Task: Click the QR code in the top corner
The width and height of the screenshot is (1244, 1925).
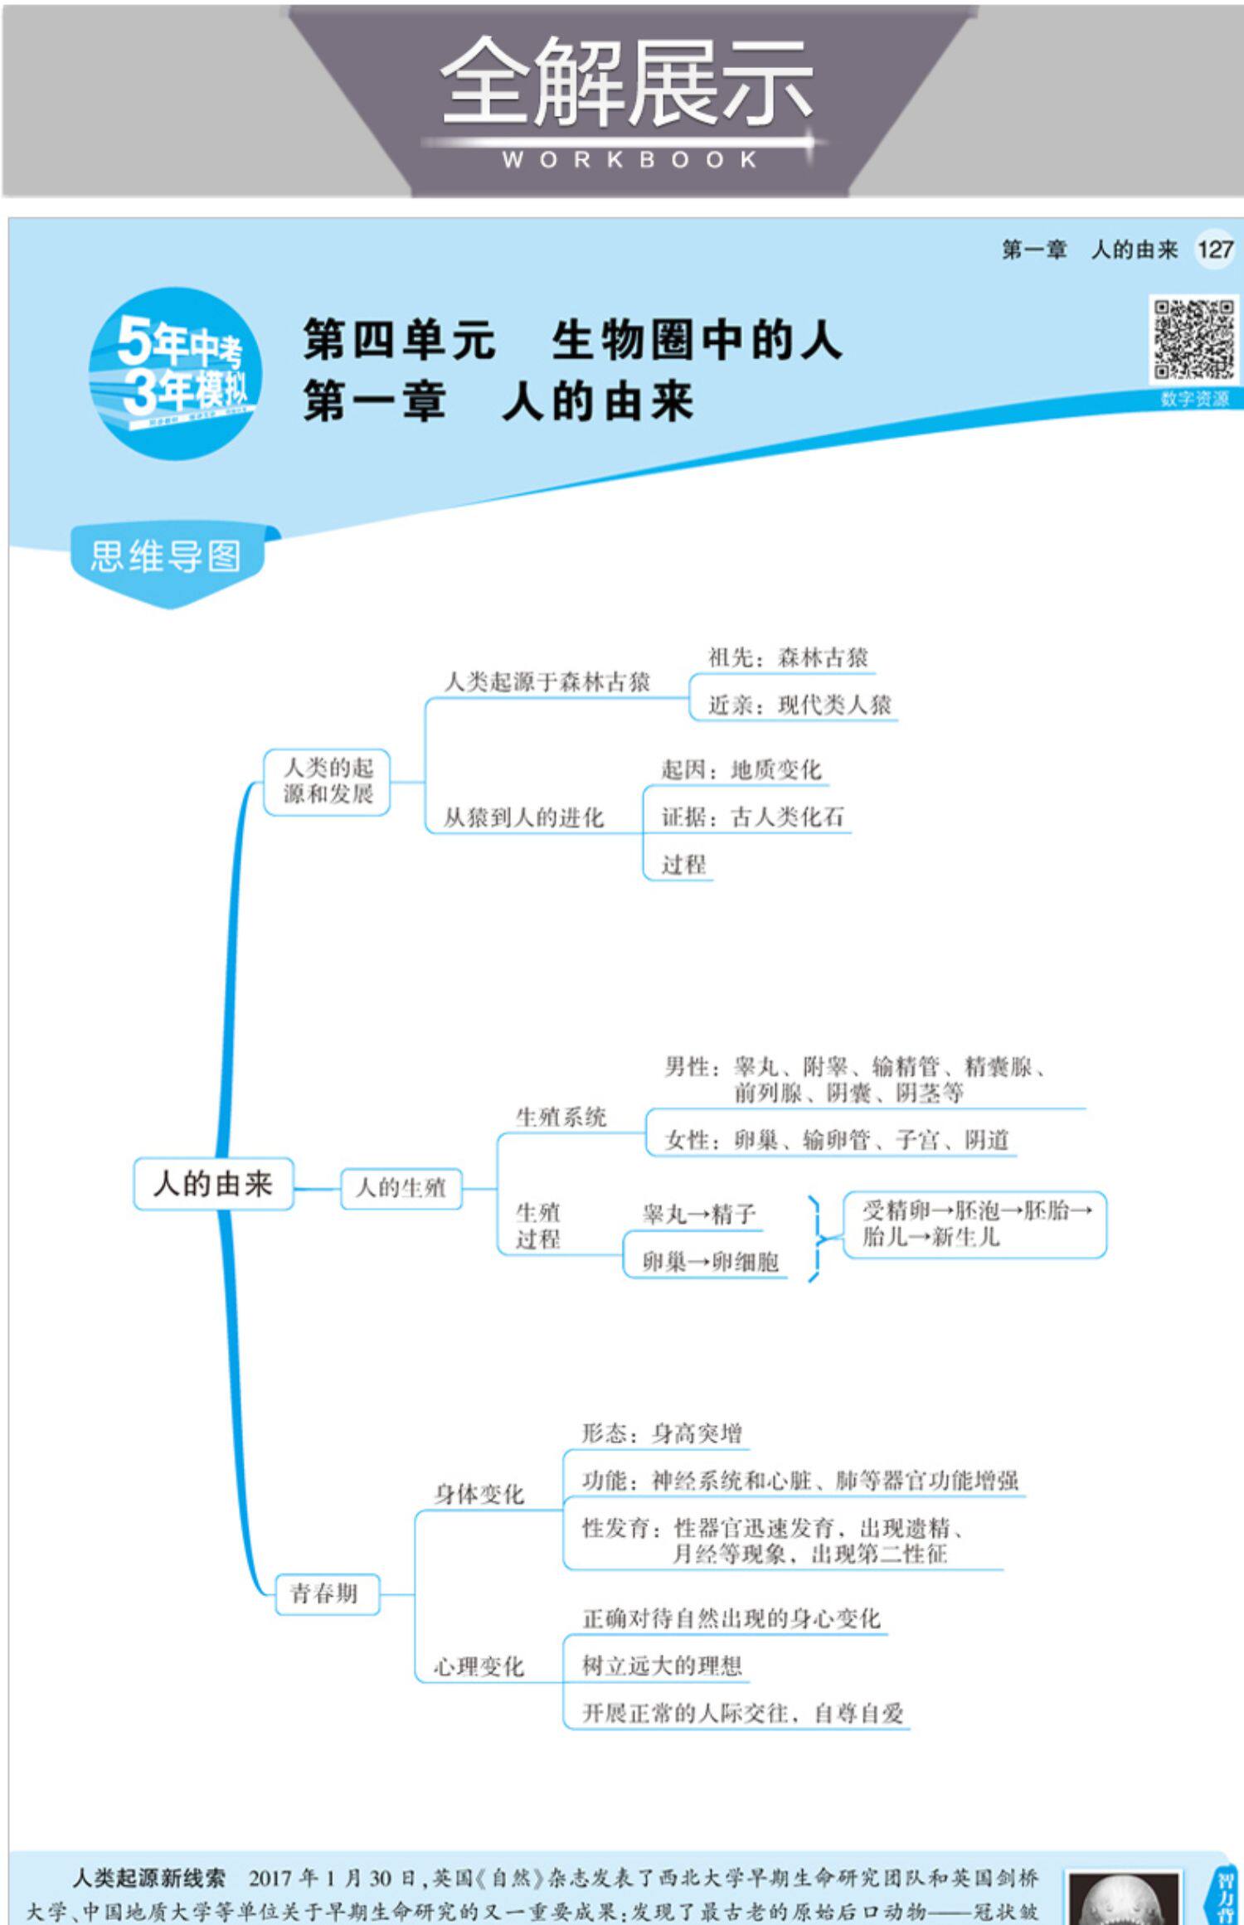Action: [1193, 341]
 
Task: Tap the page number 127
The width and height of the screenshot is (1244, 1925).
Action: [1215, 249]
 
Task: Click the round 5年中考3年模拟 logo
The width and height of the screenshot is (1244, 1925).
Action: [176, 374]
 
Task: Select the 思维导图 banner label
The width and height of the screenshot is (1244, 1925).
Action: [166, 557]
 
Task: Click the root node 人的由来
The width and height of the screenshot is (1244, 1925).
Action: [213, 1184]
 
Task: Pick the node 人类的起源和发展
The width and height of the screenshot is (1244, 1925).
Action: [328, 781]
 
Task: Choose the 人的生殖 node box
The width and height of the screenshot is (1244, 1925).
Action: [401, 1188]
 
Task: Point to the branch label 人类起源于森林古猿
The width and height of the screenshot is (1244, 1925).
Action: [547, 682]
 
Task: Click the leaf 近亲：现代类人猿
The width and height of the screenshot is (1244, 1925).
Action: [799, 706]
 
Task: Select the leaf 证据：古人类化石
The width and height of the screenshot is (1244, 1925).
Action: [752, 817]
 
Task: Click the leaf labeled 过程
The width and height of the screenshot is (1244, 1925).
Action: [683, 865]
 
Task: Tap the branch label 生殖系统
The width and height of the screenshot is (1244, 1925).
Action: [561, 1117]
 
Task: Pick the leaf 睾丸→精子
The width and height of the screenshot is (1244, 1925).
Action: [699, 1215]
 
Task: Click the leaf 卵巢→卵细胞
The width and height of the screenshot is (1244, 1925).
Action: [711, 1262]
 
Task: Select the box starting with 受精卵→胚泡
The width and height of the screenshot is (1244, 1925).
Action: [975, 1224]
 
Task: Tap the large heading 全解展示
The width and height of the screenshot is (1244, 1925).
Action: [626, 83]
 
